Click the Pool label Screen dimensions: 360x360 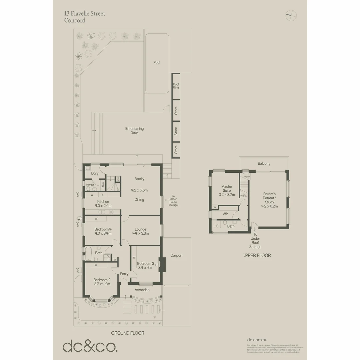click(x=157, y=62)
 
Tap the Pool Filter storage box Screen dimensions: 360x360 click(x=176, y=86)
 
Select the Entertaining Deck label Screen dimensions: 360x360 click(x=134, y=131)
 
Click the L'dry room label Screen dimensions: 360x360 click(x=95, y=173)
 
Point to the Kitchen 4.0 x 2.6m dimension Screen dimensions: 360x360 click(x=103, y=206)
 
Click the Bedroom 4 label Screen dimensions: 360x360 click(x=103, y=229)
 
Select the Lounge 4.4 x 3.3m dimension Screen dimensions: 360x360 click(x=140, y=233)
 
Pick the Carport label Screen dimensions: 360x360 click(x=176, y=255)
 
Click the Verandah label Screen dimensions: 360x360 click(x=142, y=290)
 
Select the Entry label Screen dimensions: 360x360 click(x=124, y=274)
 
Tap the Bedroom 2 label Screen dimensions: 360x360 click(x=102, y=280)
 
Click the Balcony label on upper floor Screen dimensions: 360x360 click(x=264, y=164)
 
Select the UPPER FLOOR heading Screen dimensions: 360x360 click(x=256, y=256)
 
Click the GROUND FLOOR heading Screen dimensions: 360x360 click(x=128, y=333)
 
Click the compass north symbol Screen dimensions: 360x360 click(x=291, y=14)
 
